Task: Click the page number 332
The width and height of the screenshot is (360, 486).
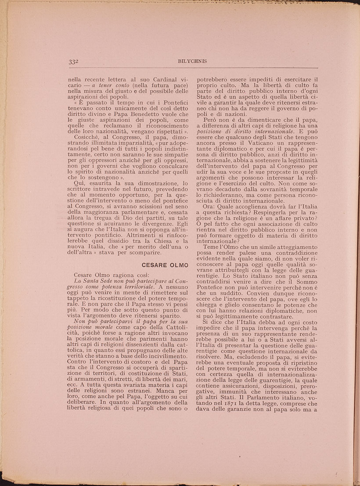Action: (73, 62)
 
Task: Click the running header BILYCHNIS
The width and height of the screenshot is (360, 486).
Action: (194, 61)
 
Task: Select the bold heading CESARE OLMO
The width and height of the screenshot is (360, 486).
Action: (165, 265)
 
